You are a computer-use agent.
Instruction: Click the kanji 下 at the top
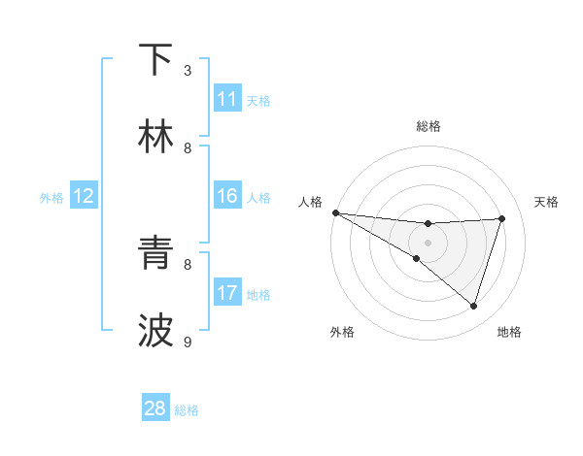[x=155, y=60]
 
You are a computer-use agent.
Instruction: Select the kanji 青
[x=155, y=254]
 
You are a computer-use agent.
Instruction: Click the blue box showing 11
[x=226, y=99]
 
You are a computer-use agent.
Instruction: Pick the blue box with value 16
[x=226, y=196]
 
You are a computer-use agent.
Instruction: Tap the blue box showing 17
[x=226, y=293]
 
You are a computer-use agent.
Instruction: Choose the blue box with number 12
[x=83, y=196]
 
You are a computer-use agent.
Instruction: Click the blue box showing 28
[x=155, y=408]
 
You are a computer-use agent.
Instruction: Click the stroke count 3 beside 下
[x=189, y=70]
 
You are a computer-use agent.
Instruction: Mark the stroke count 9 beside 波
[x=189, y=342]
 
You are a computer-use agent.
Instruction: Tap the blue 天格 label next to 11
[x=258, y=100]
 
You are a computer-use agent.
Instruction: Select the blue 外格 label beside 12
[x=51, y=197]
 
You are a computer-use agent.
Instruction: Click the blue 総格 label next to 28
[x=187, y=409]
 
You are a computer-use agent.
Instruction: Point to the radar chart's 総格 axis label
[x=428, y=126]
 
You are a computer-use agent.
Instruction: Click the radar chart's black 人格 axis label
[x=310, y=202]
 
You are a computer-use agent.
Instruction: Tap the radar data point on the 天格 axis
[x=502, y=218]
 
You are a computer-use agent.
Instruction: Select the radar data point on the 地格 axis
[x=474, y=307]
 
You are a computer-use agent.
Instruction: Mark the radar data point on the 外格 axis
[x=417, y=258]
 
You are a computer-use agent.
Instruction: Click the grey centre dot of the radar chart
[x=428, y=243]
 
